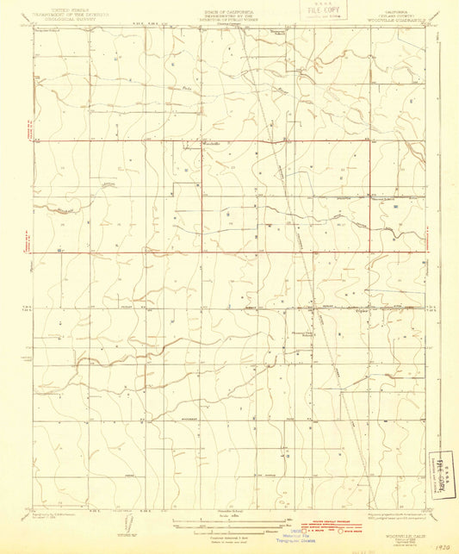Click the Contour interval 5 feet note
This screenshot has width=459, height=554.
point(220,533)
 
